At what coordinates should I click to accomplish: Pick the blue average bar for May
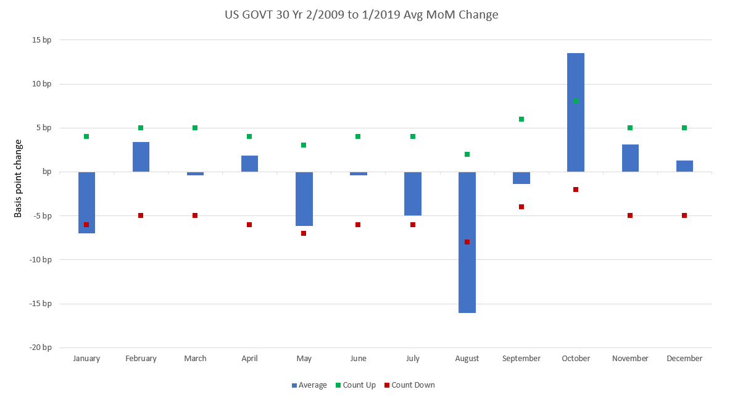(x=304, y=199)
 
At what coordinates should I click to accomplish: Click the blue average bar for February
(x=141, y=157)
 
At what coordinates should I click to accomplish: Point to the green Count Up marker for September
(x=521, y=119)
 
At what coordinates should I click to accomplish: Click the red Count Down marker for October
(x=576, y=190)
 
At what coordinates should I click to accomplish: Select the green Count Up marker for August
(x=467, y=154)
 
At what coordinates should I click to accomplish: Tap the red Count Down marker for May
(x=304, y=233)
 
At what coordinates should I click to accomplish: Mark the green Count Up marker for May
(x=304, y=145)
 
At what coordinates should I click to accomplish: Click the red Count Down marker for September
(x=521, y=207)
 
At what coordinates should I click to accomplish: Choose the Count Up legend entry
(x=355, y=385)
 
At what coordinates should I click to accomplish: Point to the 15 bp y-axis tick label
(x=41, y=40)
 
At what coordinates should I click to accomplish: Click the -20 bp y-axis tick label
(x=40, y=348)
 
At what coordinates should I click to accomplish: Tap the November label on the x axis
(x=630, y=359)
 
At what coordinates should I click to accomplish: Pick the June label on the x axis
(x=358, y=359)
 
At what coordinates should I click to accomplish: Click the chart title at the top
(x=361, y=14)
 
